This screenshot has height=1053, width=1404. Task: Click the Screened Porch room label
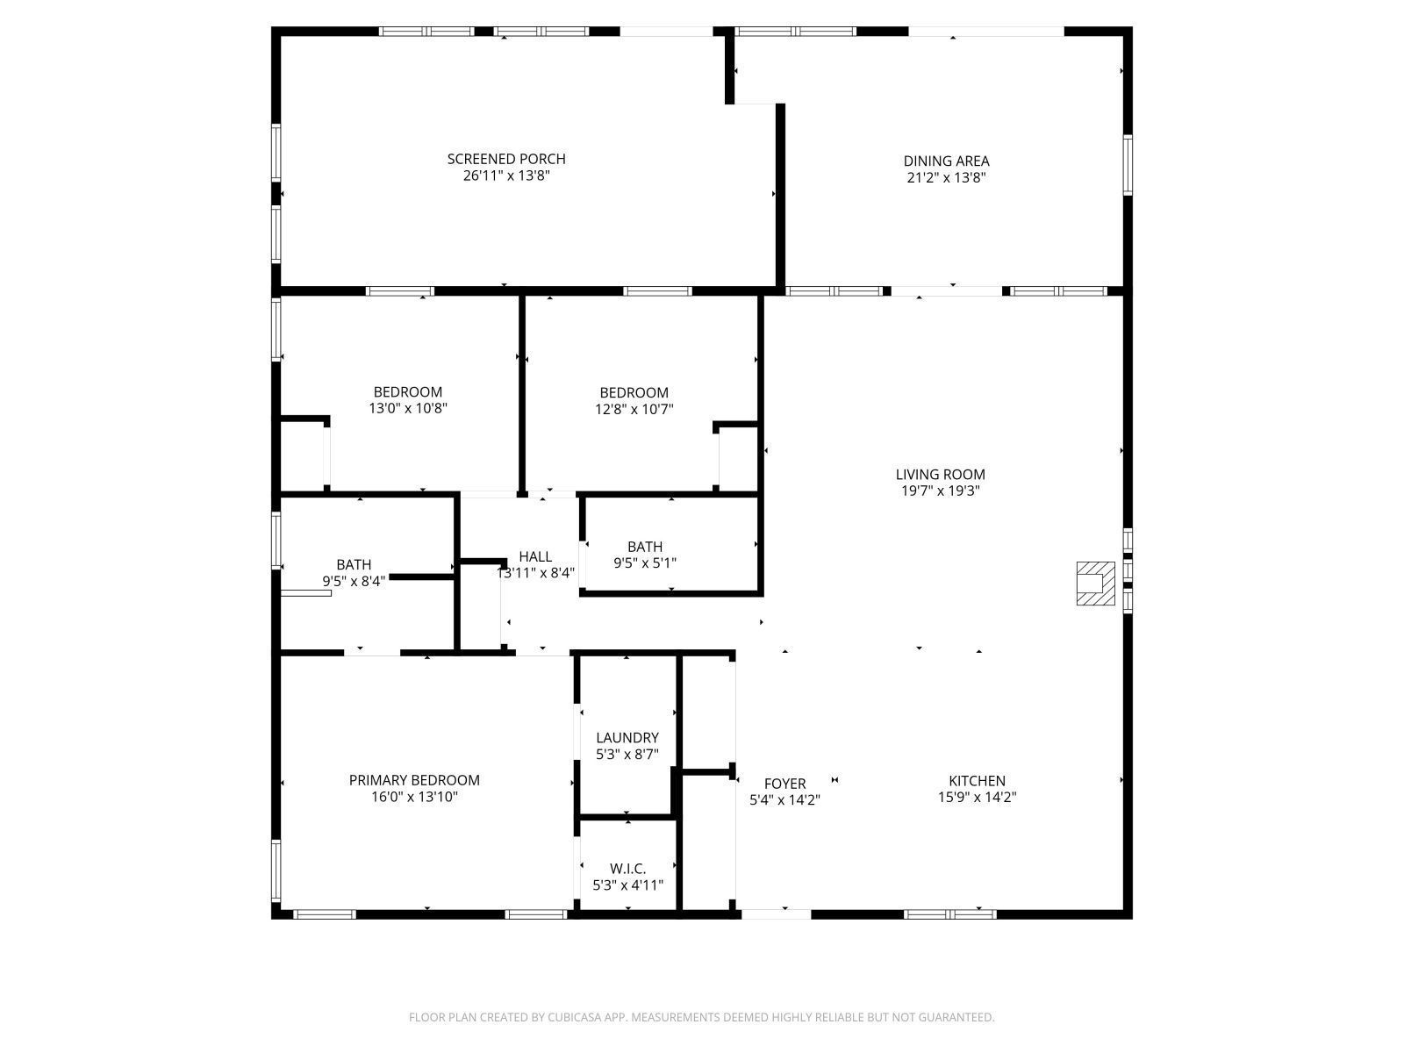coord(506,159)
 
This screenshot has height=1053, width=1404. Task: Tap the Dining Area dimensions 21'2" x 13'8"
coord(946,177)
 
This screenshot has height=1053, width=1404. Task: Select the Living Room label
coord(940,474)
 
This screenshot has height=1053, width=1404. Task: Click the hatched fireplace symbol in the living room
coord(1096,583)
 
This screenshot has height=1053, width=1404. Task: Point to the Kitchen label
coord(977,780)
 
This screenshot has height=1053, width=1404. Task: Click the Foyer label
coord(784,784)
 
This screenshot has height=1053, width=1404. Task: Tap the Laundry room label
coord(627,738)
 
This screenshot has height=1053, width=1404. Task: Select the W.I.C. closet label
coord(627,869)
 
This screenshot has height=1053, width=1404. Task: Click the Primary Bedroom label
coord(414,780)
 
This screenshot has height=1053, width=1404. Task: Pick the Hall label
coord(535,556)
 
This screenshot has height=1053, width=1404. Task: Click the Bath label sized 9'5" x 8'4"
coord(354,564)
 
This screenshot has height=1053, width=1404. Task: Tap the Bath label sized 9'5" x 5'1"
coord(645,547)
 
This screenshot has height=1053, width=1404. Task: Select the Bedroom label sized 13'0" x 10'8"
coord(408,392)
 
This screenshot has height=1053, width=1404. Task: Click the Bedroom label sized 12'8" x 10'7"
coord(634,392)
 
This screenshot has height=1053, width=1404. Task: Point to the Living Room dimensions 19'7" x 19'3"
coord(940,491)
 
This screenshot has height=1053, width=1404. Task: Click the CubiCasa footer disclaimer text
coord(701,1017)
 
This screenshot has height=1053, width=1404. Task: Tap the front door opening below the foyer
coord(777,913)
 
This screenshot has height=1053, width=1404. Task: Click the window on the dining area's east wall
coord(1128,164)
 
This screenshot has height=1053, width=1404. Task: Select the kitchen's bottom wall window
coord(950,913)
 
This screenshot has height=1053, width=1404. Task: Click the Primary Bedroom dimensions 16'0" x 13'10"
coord(414,798)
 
